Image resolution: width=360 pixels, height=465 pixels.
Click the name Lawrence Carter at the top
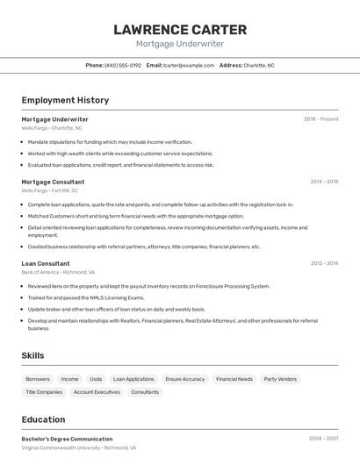click(180, 29)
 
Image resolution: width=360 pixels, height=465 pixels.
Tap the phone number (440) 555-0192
click(123, 65)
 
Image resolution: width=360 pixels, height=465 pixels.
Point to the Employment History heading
click(65, 100)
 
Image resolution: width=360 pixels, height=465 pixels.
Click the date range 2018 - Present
click(320, 119)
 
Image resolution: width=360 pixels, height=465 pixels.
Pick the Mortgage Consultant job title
click(53, 182)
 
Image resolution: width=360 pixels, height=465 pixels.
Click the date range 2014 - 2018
click(323, 182)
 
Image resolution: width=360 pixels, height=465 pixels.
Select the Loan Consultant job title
click(46, 263)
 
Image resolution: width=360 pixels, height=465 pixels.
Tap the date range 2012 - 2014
click(323, 263)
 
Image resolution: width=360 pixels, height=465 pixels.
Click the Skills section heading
click(33, 355)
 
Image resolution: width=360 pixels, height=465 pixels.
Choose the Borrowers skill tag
click(38, 379)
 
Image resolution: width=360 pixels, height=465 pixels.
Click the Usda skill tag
click(96, 379)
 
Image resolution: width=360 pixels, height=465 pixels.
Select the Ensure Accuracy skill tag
click(184, 379)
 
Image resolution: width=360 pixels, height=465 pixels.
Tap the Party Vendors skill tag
click(280, 379)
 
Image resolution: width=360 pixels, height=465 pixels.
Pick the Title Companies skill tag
click(44, 392)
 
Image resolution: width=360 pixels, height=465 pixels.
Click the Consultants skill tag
click(145, 392)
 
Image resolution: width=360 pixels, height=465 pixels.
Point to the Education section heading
click(43, 419)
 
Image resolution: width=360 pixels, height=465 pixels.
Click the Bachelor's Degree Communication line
click(67, 439)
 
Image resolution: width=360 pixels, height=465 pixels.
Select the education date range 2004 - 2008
click(323, 439)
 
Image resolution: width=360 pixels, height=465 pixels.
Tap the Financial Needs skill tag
click(234, 379)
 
